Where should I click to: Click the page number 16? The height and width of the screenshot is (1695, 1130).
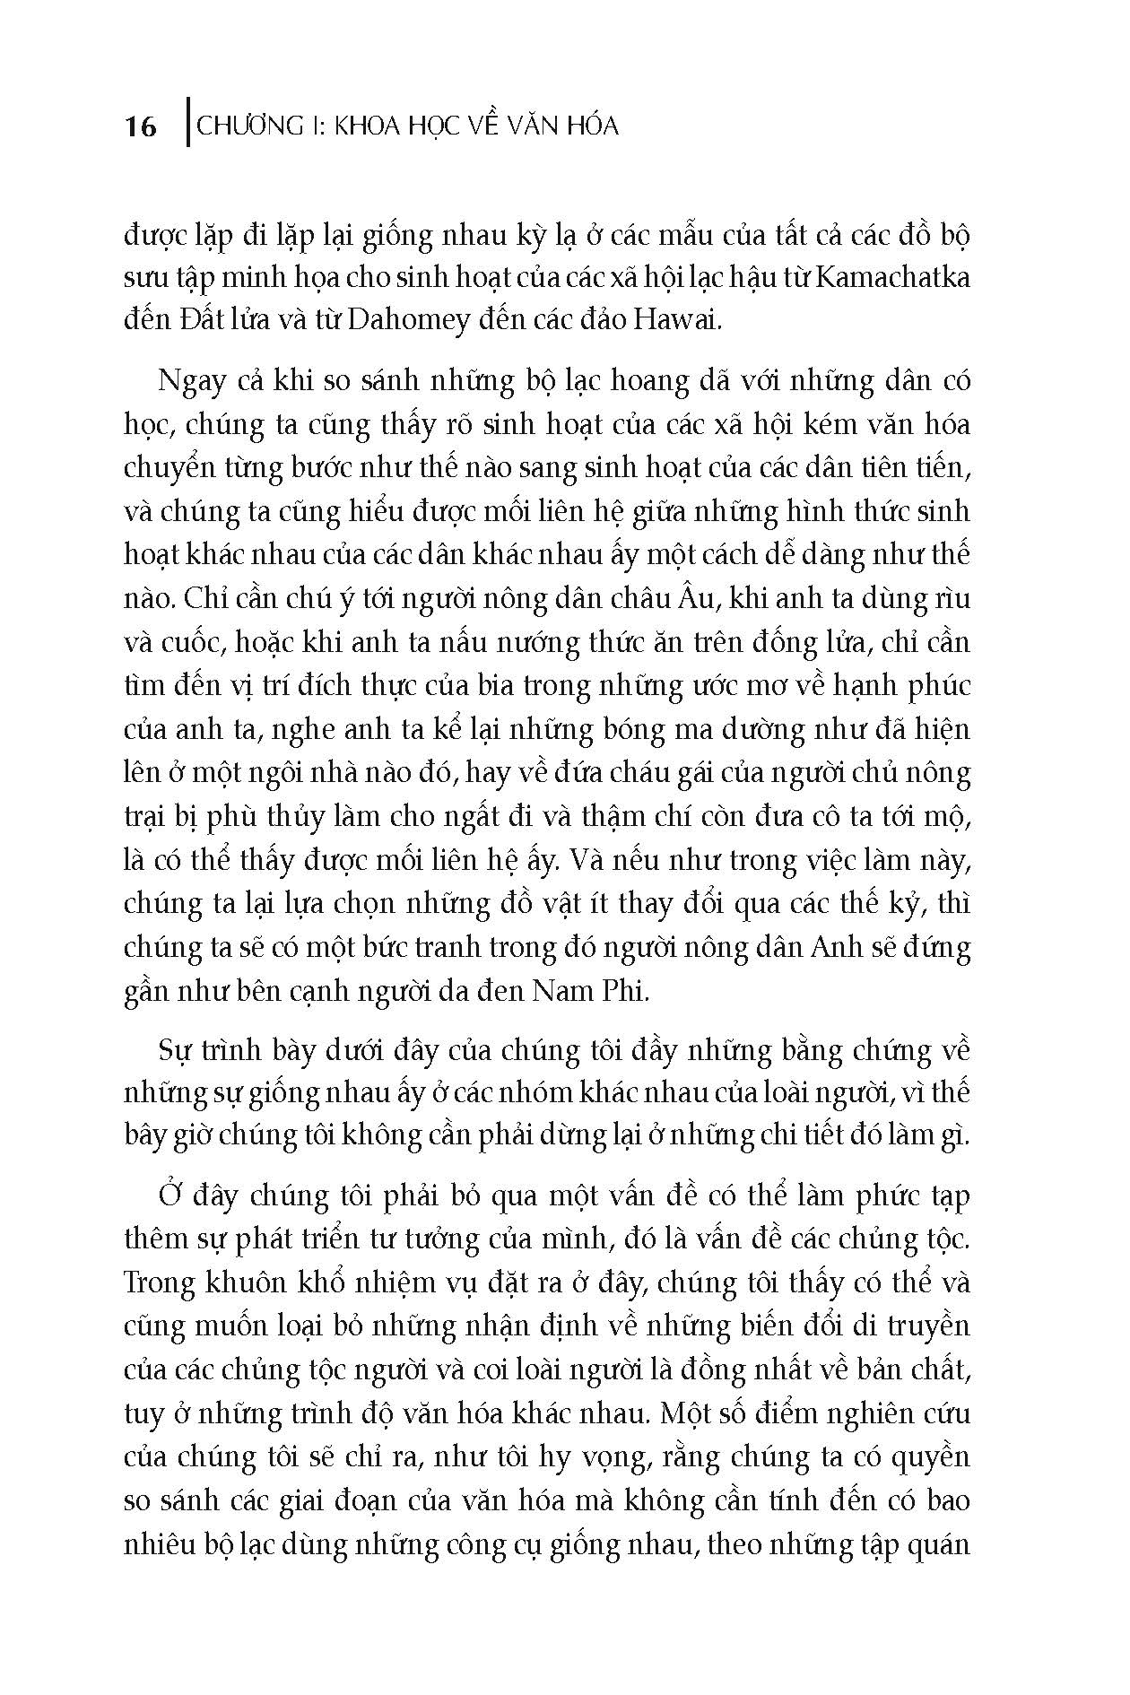coord(141,126)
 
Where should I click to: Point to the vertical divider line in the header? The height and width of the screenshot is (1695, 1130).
coord(186,122)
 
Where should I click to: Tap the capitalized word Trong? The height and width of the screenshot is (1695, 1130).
coord(159,1282)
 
